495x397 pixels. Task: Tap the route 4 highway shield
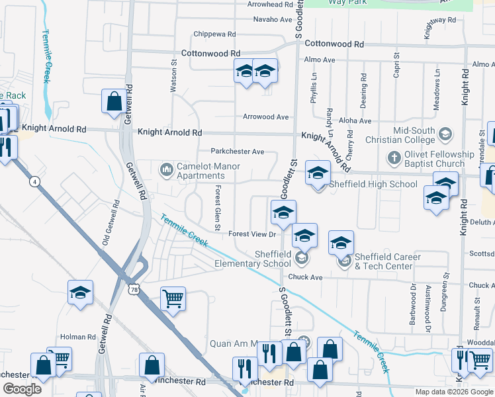33,180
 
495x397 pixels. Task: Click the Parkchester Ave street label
238,151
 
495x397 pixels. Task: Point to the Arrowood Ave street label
265,117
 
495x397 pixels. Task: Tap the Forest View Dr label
251,234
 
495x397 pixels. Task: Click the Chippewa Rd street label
214,34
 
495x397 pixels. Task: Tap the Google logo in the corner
22,389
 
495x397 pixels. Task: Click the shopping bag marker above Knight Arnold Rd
114,101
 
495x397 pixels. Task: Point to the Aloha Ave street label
355,120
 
